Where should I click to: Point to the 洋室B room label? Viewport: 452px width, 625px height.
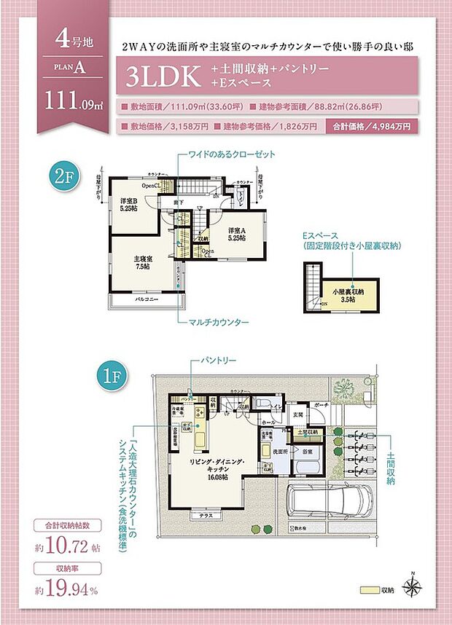click(x=129, y=205)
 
